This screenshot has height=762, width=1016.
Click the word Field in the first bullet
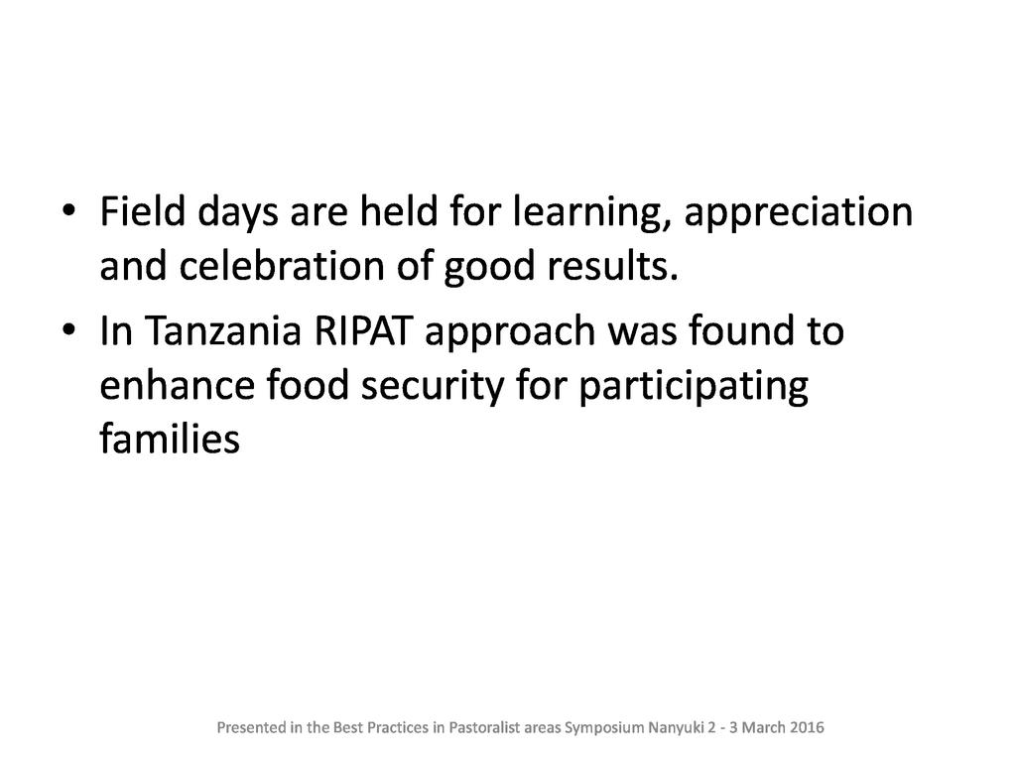(x=143, y=211)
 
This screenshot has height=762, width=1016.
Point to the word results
(x=611, y=266)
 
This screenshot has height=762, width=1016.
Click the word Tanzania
(x=222, y=330)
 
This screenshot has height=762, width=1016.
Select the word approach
(x=509, y=334)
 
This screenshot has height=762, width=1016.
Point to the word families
(x=170, y=439)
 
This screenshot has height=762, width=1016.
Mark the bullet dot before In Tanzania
(x=68, y=329)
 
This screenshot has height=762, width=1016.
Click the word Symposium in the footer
(x=604, y=728)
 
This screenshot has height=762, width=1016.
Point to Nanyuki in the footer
(x=677, y=728)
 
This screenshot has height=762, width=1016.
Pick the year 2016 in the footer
(x=808, y=727)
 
